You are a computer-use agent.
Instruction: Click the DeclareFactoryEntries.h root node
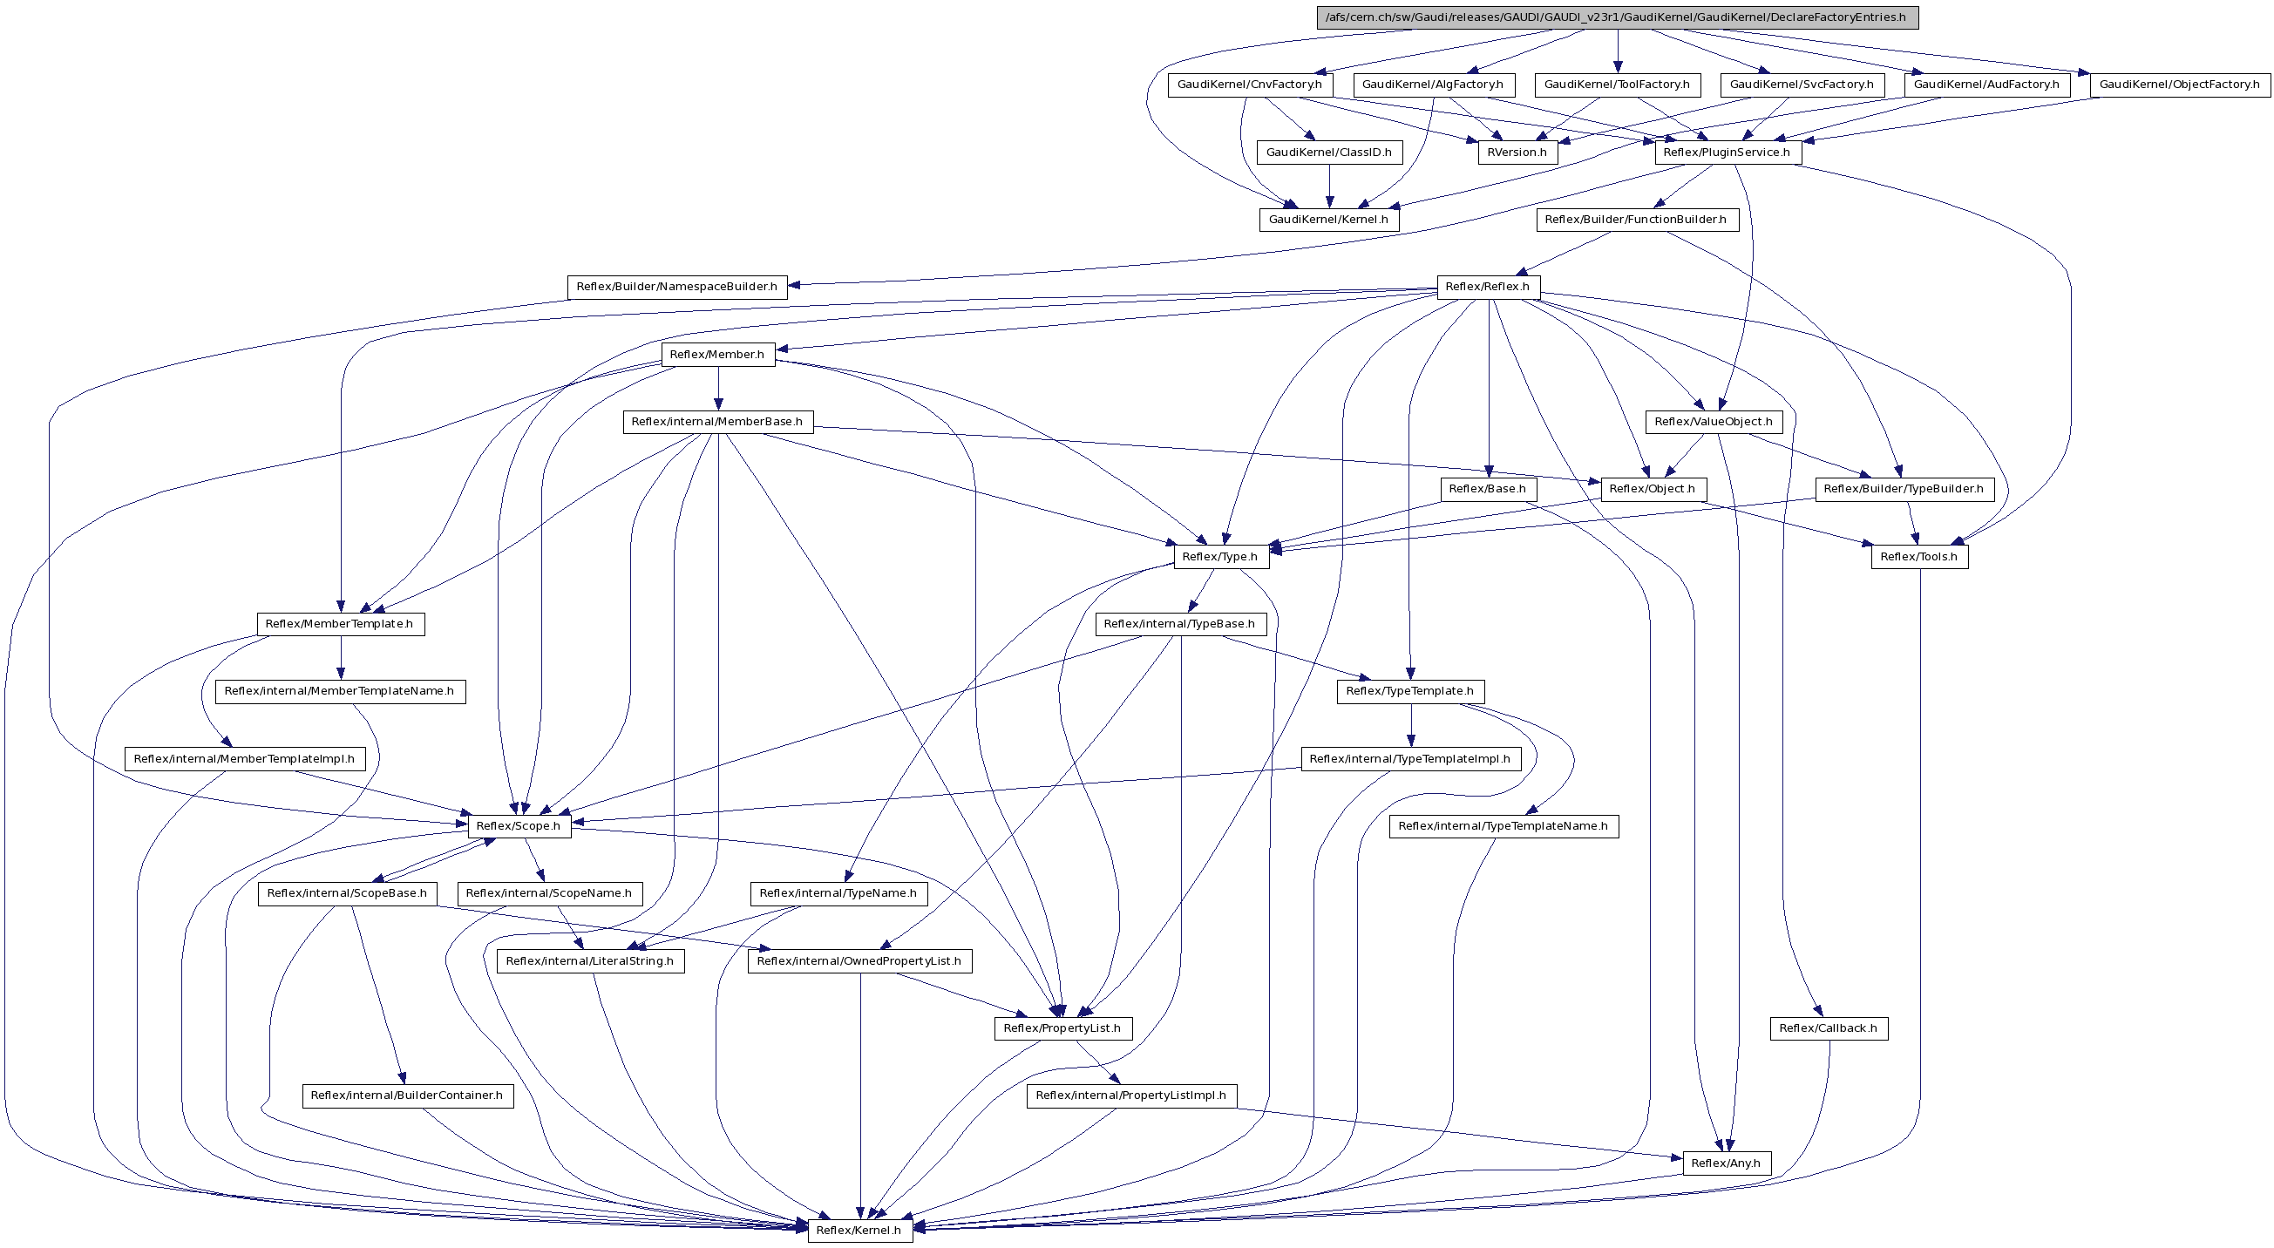[x=1617, y=17]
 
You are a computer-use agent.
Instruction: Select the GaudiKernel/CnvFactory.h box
[x=1249, y=85]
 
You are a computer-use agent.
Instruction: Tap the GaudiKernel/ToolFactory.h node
[x=1616, y=85]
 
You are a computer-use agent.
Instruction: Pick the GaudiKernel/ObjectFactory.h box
[x=2179, y=85]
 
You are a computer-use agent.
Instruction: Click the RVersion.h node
[x=1517, y=153]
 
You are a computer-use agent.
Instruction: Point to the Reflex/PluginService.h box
[x=1726, y=153]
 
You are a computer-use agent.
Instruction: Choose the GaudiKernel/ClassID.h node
[x=1328, y=153]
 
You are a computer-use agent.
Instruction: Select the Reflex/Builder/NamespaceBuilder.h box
[x=676, y=287]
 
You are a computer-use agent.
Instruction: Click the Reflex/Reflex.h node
[x=1488, y=287]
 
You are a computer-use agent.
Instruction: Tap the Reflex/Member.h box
[x=716, y=355]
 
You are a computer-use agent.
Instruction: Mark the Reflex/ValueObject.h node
[x=1713, y=422]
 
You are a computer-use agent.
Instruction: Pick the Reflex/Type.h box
[x=1219, y=557]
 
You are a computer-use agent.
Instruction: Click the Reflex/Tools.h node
[x=1918, y=557]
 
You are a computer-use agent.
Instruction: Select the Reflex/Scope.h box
[x=519, y=826]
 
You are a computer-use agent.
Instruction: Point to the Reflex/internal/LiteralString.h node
[x=589, y=961]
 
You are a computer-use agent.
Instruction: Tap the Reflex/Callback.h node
[x=1828, y=1028]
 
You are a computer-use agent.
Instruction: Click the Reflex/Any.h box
[x=1725, y=1163]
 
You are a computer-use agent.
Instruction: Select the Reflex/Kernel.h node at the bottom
[x=858, y=1231]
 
